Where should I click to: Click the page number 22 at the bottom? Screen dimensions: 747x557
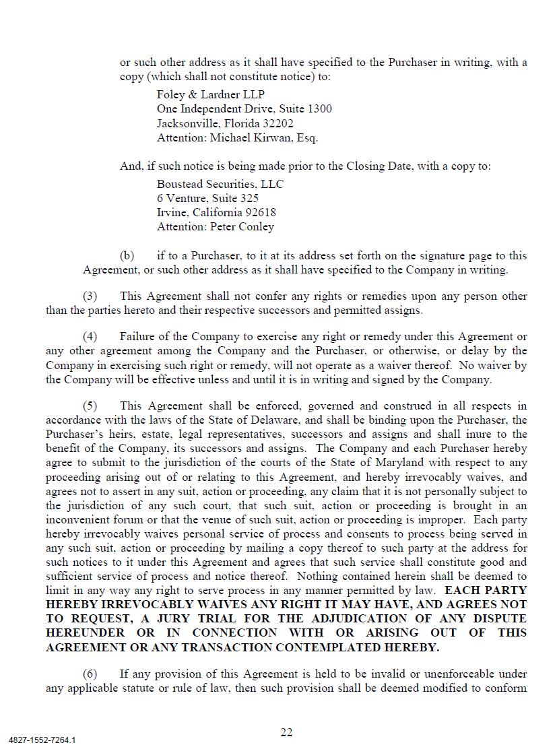286,733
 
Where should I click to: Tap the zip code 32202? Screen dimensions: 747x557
279,123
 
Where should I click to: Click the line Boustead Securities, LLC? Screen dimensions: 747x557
220,184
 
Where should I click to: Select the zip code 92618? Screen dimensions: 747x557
261,212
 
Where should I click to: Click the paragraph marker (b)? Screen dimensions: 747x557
127,256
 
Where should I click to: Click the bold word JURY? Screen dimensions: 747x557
198,618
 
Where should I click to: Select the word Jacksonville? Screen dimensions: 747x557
189,123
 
